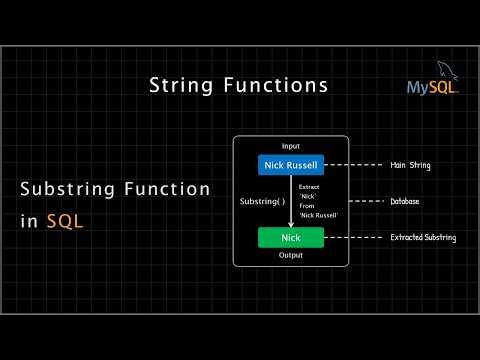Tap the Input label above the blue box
291,146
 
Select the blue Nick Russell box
291,165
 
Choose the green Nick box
291,238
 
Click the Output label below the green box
291,256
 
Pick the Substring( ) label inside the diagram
262,201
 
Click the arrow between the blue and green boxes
291,201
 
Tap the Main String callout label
410,165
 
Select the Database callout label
405,201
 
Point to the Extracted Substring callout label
423,238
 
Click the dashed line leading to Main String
355,165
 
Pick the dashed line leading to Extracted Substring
355,238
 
